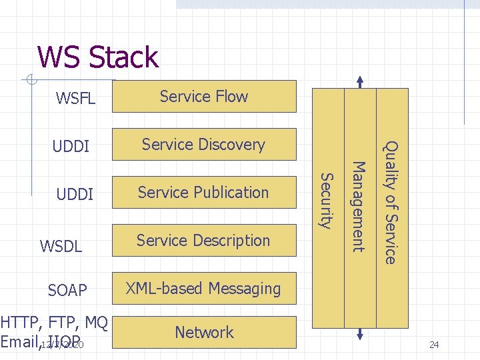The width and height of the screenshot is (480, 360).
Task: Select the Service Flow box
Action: [x=204, y=97]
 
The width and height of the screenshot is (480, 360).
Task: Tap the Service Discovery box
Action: [x=204, y=145]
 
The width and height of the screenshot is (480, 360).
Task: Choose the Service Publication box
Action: [x=204, y=193]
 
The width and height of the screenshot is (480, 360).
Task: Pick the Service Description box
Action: [x=204, y=241]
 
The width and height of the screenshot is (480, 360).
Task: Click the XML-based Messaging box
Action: [x=204, y=289]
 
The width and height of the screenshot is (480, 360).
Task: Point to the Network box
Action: [x=204, y=332]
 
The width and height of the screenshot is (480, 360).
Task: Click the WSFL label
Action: [x=76, y=99]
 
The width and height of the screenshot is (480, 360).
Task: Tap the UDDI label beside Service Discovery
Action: [x=71, y=146]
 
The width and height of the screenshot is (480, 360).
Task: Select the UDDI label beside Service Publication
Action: [x=75, y=195]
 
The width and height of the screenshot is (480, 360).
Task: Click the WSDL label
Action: [x=61, y=246]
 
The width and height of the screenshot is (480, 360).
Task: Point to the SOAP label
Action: [x=67, y=291]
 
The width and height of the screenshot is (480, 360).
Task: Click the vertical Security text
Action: [x=326, y=200]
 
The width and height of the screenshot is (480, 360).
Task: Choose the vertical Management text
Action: [x=359, y=207]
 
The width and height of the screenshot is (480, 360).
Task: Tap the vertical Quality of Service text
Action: [x=392, y=202]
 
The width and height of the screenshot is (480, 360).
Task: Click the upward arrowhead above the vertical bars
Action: [x=360, y=81]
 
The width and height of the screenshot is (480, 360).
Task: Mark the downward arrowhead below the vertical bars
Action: [x=360, y=335]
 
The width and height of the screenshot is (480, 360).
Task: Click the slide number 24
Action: [x=434, y=345]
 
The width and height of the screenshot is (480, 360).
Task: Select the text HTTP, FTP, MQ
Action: [x=54, y=324]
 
